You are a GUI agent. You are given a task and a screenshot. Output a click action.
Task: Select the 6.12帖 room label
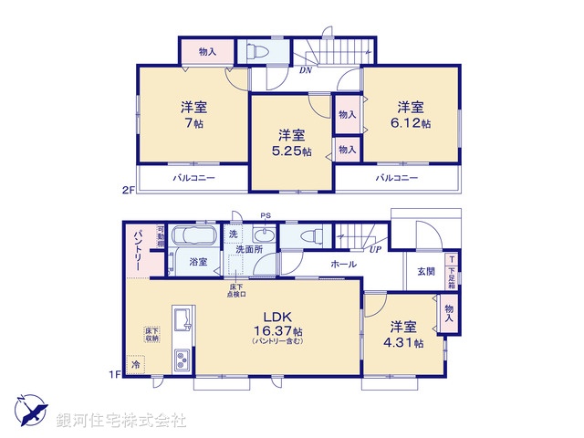click(x=413, y=121)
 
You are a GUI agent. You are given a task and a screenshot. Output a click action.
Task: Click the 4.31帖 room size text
click(x=406, y=343)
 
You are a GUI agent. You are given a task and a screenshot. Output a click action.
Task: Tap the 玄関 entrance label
click(x=426, y=270)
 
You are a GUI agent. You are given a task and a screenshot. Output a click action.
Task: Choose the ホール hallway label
click(x=343, y=265)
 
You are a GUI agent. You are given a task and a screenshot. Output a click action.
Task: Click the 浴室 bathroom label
click(x=197, y=262)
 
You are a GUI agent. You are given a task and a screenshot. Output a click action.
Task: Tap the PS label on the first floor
click(x=266, y=216)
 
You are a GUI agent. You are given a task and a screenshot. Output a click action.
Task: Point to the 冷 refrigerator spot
click(x=136, y=365)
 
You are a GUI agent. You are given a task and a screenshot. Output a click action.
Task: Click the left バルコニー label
click(x=194, y=178)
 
